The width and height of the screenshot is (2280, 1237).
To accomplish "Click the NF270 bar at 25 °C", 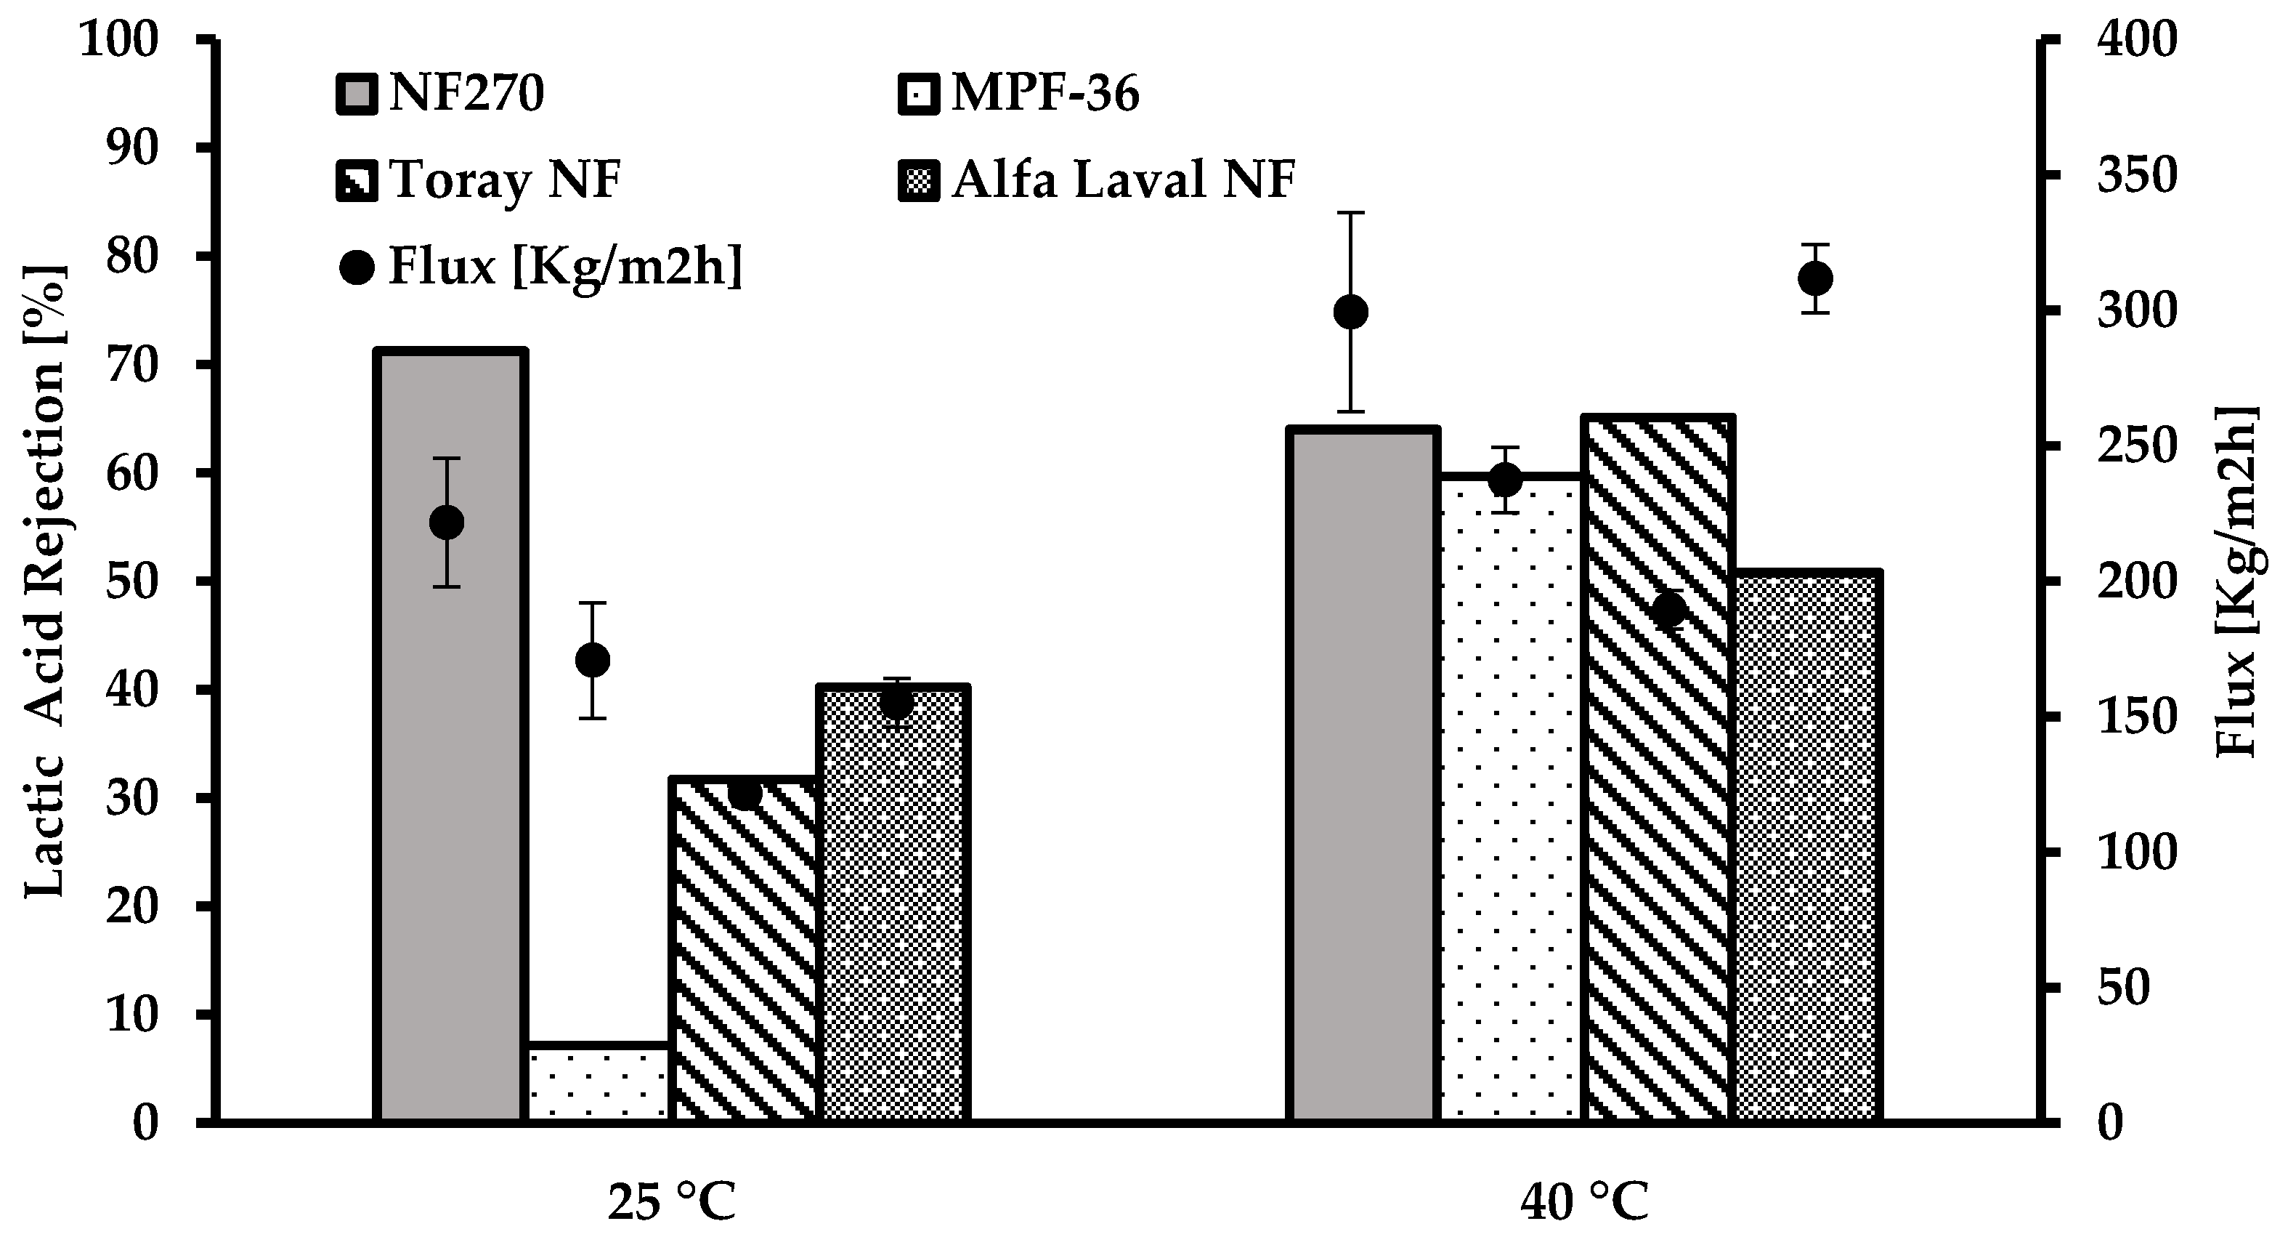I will tap(450, 797).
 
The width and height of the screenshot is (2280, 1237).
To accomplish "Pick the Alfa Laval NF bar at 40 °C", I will tap(1806, 850).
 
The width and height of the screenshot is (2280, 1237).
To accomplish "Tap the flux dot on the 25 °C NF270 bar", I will tap(446, 523).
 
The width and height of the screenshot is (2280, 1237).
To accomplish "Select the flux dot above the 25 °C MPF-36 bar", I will tap(593, 660).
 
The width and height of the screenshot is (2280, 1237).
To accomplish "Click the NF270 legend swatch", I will tap(357, 94).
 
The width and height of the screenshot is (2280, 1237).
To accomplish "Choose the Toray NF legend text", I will tap(506, 180).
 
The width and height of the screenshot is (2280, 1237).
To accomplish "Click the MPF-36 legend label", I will tap(1045, 94).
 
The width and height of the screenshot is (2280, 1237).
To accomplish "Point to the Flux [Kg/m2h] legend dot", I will tap(357, 267).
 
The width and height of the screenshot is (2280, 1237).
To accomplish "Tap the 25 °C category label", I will tap(672, 1202).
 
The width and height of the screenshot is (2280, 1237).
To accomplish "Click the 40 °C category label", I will tap(1584, 1202).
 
